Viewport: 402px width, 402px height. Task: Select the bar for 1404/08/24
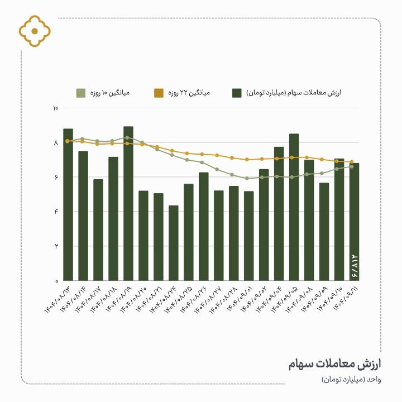(x=174, y=246)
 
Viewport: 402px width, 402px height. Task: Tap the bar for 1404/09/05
(x=294, y=212)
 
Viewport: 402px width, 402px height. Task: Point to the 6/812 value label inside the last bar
(x=355, y=266)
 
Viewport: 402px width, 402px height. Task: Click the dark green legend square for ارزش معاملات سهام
(x=237, y=93)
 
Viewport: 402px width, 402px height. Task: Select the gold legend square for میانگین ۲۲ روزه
(x=159, y=93)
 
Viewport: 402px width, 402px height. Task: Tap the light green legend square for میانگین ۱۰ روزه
(x=81, y=93)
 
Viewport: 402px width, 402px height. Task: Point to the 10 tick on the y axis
(x=55, y=108)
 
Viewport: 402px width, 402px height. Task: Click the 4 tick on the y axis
(x=56, y=212)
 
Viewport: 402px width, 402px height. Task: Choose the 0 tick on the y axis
(x=56, y=280)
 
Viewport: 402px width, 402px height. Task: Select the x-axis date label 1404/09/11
(x=346, y=298)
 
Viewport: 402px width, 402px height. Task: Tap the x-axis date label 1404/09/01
(x=241, y=298)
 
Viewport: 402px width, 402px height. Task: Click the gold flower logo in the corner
(x=35, y=31)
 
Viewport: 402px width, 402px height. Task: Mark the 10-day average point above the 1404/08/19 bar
(x=128, y=137)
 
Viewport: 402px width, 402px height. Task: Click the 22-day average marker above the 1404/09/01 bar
(x=249, y=160)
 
